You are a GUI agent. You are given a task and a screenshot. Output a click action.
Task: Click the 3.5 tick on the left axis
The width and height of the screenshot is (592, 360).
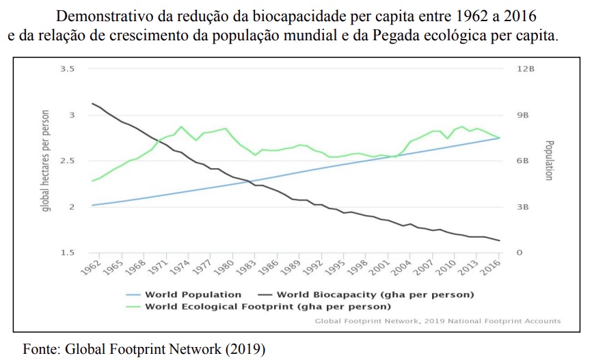coord(68,70)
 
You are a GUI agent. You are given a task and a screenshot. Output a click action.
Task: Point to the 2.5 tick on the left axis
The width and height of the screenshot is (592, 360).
coord(68,161)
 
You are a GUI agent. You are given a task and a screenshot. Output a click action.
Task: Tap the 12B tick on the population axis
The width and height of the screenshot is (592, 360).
coord(523,70)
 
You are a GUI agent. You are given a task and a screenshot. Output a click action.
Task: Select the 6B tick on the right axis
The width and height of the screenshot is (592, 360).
coord(523,161)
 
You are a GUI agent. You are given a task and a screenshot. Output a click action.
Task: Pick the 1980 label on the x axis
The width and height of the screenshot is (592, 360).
coord(226,267)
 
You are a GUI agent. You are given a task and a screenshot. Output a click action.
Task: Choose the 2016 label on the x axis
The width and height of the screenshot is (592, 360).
coord(490,267)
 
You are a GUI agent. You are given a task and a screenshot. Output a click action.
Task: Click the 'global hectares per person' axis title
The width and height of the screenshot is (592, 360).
coord(46,161)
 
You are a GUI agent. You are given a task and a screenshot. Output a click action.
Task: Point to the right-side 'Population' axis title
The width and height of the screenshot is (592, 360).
coord(548,161)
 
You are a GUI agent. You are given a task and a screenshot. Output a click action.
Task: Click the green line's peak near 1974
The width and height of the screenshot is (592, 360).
coord(181,126)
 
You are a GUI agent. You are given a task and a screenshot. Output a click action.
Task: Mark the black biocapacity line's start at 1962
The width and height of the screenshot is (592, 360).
coord(92,103)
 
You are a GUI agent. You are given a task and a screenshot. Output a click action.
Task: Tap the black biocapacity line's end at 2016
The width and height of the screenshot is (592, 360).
coord(499,240)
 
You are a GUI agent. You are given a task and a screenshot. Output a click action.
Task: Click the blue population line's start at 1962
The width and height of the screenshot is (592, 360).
coord(92,205)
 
